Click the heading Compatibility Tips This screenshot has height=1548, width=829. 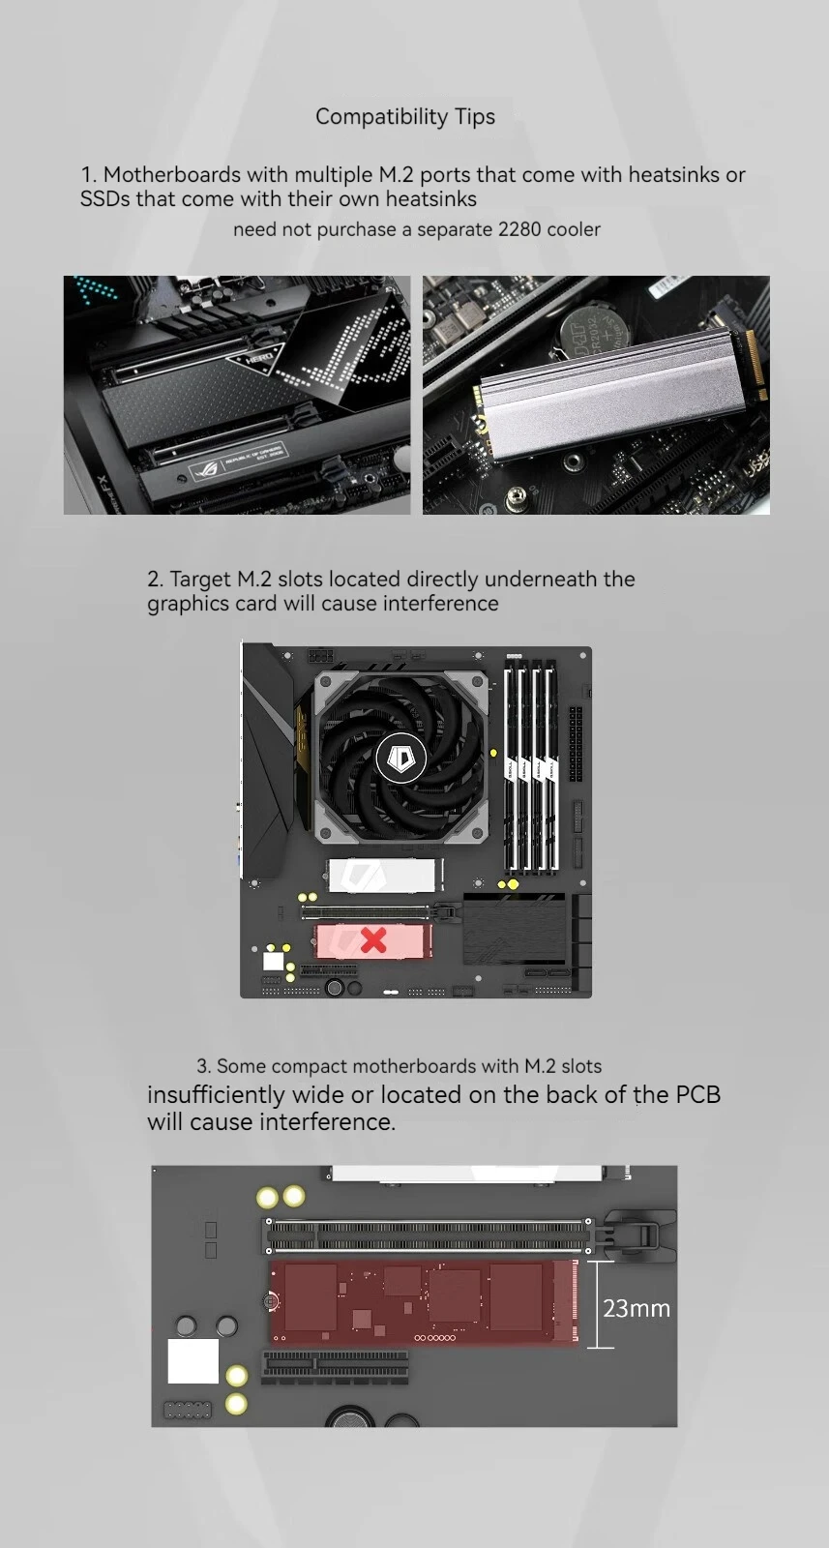[405, 116]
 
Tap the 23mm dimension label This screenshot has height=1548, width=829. [637, 1308]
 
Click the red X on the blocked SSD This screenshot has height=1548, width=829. [373, 939]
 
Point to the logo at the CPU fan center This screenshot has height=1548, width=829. [400, 759]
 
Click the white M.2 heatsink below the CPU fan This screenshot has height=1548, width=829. [382, 876]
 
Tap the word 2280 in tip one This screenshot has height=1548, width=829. [519, 229]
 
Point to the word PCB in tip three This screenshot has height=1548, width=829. [697, 1094]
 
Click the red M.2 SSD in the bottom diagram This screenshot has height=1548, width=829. [424, 1302]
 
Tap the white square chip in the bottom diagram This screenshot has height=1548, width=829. [193, 1360]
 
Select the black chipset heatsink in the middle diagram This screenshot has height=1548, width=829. [514, 928]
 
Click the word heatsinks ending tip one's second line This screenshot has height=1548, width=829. [430, 199]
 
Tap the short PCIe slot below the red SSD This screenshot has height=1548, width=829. [335, 1366]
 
